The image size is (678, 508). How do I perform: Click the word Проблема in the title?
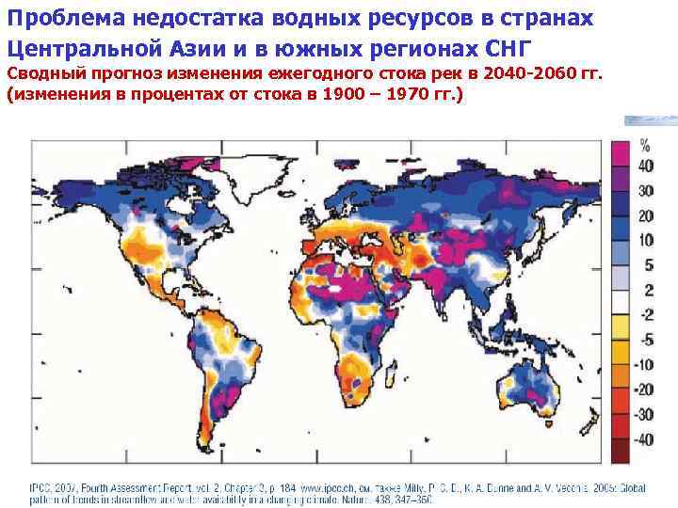[x=56, y=20]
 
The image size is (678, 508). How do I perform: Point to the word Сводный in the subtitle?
[x=42, y=73]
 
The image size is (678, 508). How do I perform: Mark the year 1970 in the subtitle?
[x=415, y=95]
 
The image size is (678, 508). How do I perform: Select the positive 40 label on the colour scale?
[x=646, y=167]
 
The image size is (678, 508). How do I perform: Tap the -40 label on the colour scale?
[x=645, y=438]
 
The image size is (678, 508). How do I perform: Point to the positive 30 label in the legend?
[x=646, y=191]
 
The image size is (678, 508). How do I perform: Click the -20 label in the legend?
[x=645, y=389]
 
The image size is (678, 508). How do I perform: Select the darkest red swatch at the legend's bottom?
[x=621, y=452]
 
